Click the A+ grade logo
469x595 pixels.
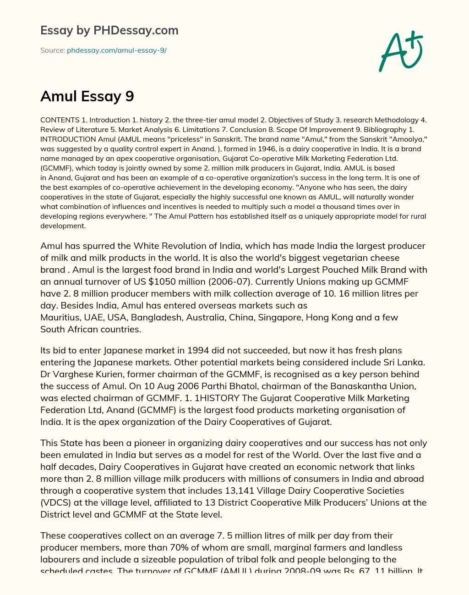[x=400, y=51]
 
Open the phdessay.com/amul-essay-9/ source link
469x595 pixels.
[x=116, y=50]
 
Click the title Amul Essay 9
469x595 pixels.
[x=87, y=96]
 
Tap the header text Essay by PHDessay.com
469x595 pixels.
[x=109, y=30]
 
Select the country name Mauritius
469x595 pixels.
[x=60, y=317]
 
